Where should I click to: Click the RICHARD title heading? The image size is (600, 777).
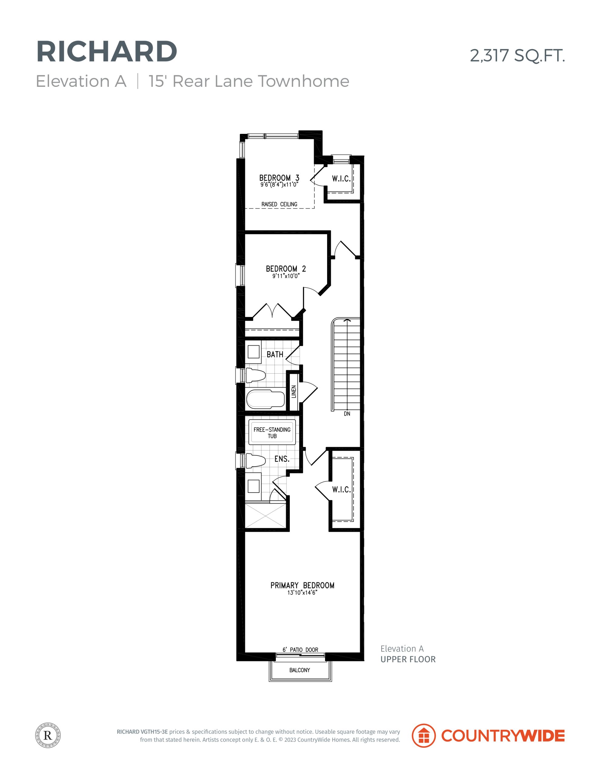[107, 52]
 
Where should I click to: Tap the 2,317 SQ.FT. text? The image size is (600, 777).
[517, 56]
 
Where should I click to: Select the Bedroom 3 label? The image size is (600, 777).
[279, 178]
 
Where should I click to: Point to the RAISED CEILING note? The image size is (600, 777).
[280, 204]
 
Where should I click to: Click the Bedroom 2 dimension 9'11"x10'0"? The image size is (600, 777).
[286, 276]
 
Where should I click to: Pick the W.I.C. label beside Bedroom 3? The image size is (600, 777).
[341, 178]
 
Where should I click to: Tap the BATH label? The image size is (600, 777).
[275, 354]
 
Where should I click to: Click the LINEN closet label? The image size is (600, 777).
[293, 392]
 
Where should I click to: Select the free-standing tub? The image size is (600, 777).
[272, 432]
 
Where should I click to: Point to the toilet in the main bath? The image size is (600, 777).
[256, 375]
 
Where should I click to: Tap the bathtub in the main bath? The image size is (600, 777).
[266, 399]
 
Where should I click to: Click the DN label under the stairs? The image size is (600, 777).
[347, 414]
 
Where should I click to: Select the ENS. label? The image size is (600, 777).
[282, 459]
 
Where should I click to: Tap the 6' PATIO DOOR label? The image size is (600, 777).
[300, 650]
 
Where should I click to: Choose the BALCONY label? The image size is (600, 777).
[300, 670]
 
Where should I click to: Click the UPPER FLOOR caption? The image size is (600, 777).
[408, 659]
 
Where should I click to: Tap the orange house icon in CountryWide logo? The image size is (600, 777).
[423, 735]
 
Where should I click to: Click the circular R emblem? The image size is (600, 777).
[48, 735]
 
